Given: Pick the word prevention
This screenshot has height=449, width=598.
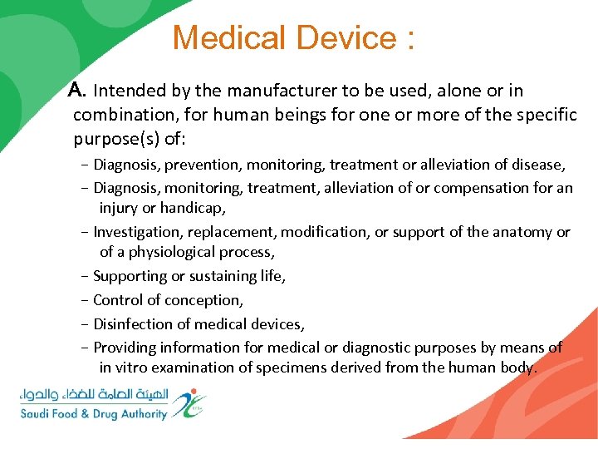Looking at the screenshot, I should (192, 165).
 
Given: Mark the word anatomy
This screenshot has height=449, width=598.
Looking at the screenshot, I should (527, 232).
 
